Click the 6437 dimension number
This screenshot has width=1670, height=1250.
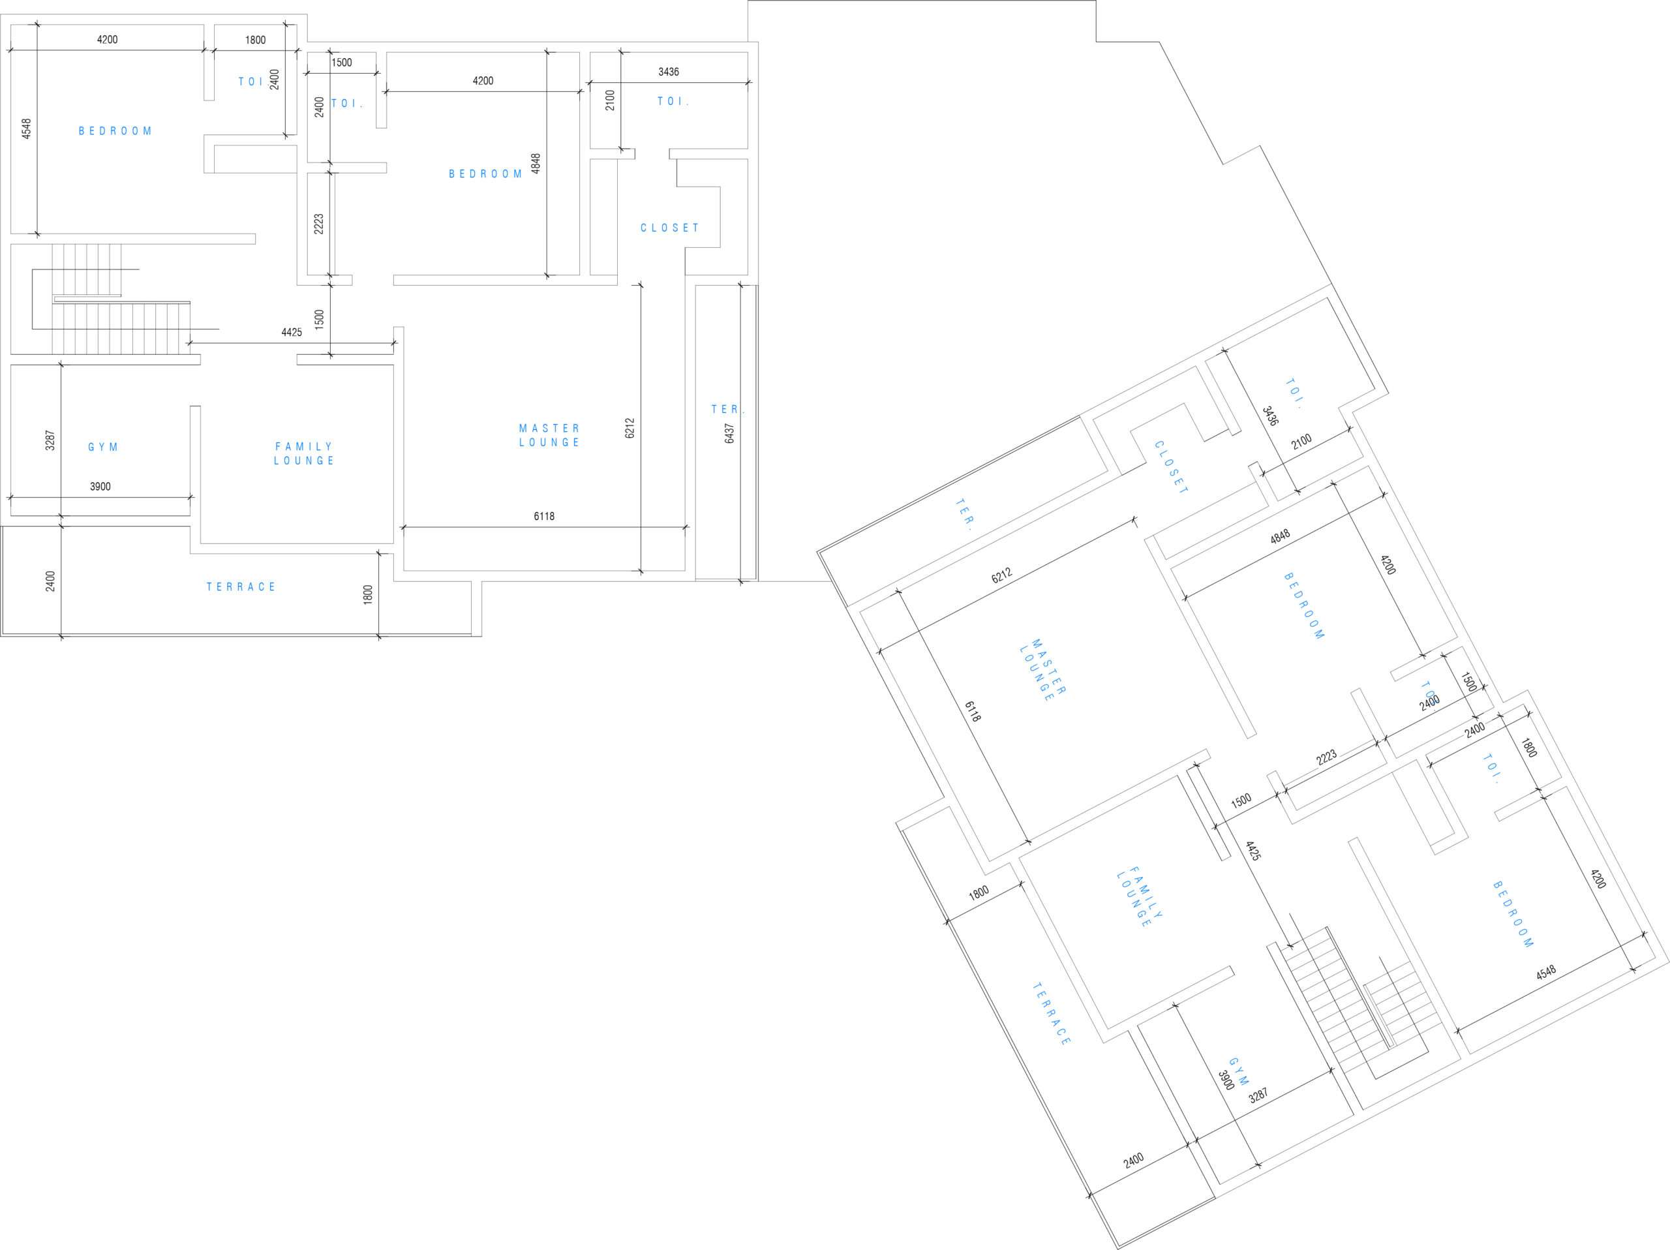[x=729, y=433]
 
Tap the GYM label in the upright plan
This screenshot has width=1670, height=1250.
[x=104, y=447]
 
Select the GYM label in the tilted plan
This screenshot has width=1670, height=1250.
[x=1239, y=1071]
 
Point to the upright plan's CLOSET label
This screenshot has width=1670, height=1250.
[x=670, y=227]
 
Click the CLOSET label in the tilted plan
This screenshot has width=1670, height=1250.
[x=1171, y=468]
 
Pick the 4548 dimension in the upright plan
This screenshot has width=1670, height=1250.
[x=27, y=129]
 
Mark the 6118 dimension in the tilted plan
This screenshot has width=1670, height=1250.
[x=973, y=711]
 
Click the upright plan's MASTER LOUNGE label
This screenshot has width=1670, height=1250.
[x=550, y=436]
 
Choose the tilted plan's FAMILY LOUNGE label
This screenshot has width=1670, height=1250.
[x=1140, y=897]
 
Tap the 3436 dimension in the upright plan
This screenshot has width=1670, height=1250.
[x=668, y=72]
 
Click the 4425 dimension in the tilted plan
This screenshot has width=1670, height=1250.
[x=1253, y=851]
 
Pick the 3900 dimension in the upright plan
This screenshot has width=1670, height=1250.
[x=100, y=487]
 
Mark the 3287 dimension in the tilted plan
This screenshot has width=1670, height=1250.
[x=1258, y=1096]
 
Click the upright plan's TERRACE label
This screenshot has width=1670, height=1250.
[x=241, y=587]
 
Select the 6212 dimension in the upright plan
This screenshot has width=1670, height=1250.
[x=630, y=428]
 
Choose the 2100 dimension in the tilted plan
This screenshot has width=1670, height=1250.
[x=1301, y=442]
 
